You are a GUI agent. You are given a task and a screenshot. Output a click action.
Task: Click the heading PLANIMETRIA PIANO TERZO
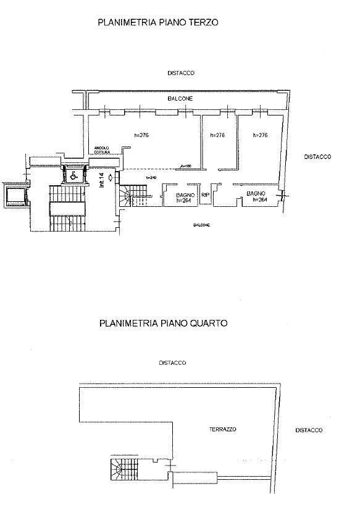159,22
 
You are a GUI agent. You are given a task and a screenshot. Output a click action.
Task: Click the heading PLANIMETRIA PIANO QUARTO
163,323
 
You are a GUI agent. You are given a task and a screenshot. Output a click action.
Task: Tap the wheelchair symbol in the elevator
72,175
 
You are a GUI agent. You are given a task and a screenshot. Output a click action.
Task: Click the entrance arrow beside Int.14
109,178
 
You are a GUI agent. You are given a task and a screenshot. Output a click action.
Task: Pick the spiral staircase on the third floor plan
129,197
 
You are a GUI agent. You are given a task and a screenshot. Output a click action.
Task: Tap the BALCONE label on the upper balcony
180,98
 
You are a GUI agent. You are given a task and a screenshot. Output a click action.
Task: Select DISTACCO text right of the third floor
317,157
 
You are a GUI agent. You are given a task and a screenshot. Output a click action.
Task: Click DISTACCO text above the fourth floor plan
172,363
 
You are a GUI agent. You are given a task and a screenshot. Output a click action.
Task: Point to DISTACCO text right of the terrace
309,430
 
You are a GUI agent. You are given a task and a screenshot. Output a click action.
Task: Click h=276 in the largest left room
142,135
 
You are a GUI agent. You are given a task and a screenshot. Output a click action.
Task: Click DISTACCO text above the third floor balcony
181,73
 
